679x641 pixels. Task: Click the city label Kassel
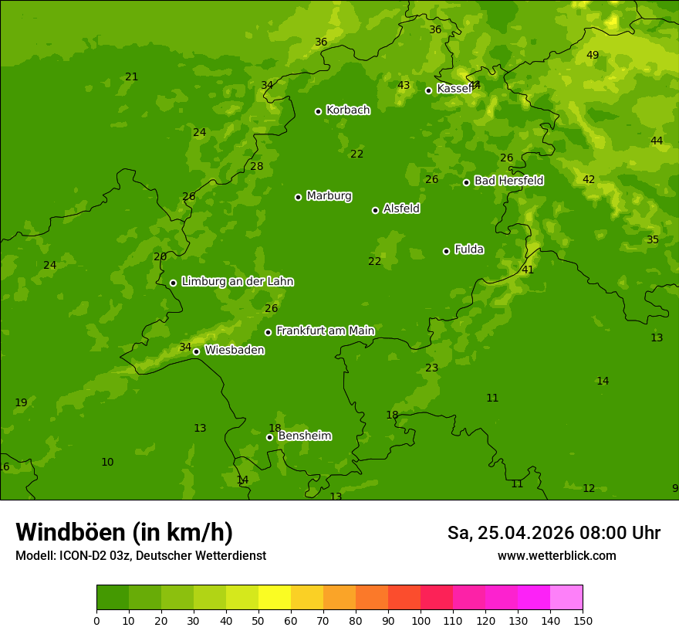click(x=454, y=89)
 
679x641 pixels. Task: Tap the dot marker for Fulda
click(x=446, y=251)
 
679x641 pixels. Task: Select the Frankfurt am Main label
click(x=325, y=331)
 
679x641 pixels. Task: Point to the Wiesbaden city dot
click(x=196, y=351)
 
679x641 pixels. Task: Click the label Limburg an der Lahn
click(x=237, y=281)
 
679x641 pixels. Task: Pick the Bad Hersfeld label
click(x=508, y=181)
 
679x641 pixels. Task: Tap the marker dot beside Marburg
click(x=298, y=197)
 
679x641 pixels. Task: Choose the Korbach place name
click(x=348, y=110)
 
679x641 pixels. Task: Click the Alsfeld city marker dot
click(x=375, y=210)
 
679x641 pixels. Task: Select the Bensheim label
click(x=305, y=436)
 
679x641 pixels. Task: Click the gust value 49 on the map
click(x=593, y=55)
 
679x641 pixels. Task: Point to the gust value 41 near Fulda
click(x=528, y=270)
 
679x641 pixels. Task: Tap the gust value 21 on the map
click(x=132, y=76)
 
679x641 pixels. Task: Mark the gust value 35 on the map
click(x=653, y=239)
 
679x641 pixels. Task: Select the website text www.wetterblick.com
click(x=556, y=556)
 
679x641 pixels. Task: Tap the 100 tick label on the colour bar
click(x=421, y=620)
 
